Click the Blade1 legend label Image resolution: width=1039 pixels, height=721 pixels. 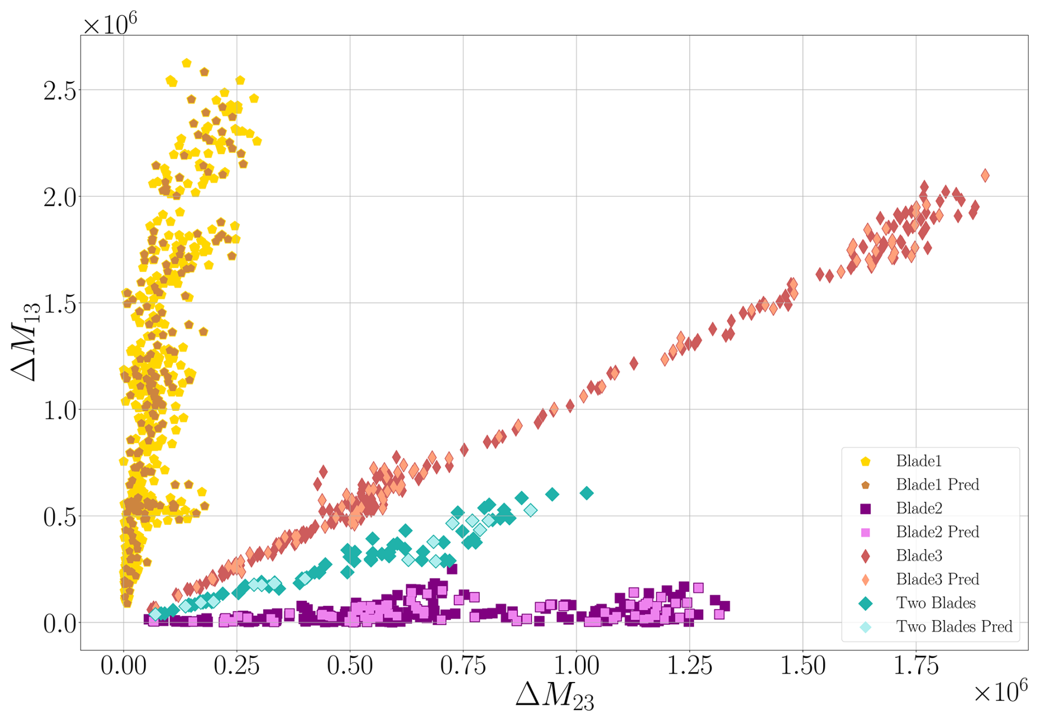pyautogui.click(x=919, y=461)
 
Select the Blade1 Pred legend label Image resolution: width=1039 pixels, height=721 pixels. pyautogui.click(x=937, y=485)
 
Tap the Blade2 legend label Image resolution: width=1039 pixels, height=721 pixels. pyautogui.click(x=919, y=508)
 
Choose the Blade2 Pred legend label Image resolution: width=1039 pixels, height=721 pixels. pyautogui.click(x=937, y=532)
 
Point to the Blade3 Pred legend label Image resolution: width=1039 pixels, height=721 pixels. pyautogui.click(x=937, y=579)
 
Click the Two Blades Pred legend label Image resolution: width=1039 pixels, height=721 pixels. pyautogui.click(x=954, y=627)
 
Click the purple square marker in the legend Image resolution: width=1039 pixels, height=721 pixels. pyautogui.click(x=865, y=509)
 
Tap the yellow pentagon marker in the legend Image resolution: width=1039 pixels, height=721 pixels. pyautogui.click(x=865, y=462)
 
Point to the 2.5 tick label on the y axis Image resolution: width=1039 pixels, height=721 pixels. pyautogui.click(x=60, y=91)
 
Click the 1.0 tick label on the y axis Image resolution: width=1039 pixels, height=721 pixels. pyautogui.click(x=60, y=410)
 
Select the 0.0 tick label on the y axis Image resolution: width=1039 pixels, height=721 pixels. pyautogui.click(x=60, y=624)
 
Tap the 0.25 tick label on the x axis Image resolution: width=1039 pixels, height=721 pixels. pyautogui.click(x=237, y=666)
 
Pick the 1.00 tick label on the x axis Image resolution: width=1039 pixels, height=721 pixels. pyautogui.click(x=576, y=666)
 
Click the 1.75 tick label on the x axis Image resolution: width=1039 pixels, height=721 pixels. pyautogui.click(x=916, y=666)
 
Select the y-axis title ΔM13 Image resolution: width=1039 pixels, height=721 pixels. pyautogui.click(x=26, y=342)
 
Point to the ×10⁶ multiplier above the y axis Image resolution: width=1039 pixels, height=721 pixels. pyautogui.click(x=109, y=24)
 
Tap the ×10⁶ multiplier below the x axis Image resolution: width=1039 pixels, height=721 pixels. pyautogui.click(x=1000, y=692)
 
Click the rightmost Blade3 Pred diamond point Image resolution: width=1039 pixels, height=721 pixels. pyautogui.click(x=985, y=176)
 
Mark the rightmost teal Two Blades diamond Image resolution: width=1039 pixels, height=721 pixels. pyautogui.click(x=586, y=493)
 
